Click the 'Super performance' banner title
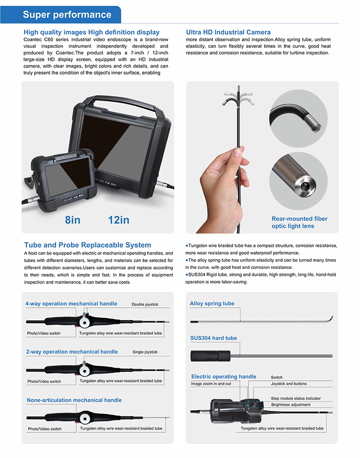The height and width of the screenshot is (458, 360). [x=67, y=15]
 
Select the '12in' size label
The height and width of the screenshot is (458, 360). [x=119, y=220]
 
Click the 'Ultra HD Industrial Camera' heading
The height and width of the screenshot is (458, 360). [x=228, y=32]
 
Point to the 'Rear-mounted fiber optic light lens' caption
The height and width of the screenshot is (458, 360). [x=299, y=222]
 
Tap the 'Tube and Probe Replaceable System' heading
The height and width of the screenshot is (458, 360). [x=88, y=245]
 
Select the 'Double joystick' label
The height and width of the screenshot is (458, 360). [x=145, y=304]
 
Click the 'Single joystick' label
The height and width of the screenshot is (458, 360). [x=145, y=352]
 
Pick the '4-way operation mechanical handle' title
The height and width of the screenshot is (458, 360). [x=72, y=304]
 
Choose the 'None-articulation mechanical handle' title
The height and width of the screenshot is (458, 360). [x=74, y=400]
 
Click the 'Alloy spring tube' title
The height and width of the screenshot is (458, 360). [x=212, y=304]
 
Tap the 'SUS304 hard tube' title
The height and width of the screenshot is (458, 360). [x=213, y=338]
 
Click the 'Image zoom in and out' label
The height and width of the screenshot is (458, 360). [x=211, y=384]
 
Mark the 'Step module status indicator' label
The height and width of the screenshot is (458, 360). [x=296, y=398]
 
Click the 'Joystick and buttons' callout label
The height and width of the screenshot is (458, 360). [x=288, y=384]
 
